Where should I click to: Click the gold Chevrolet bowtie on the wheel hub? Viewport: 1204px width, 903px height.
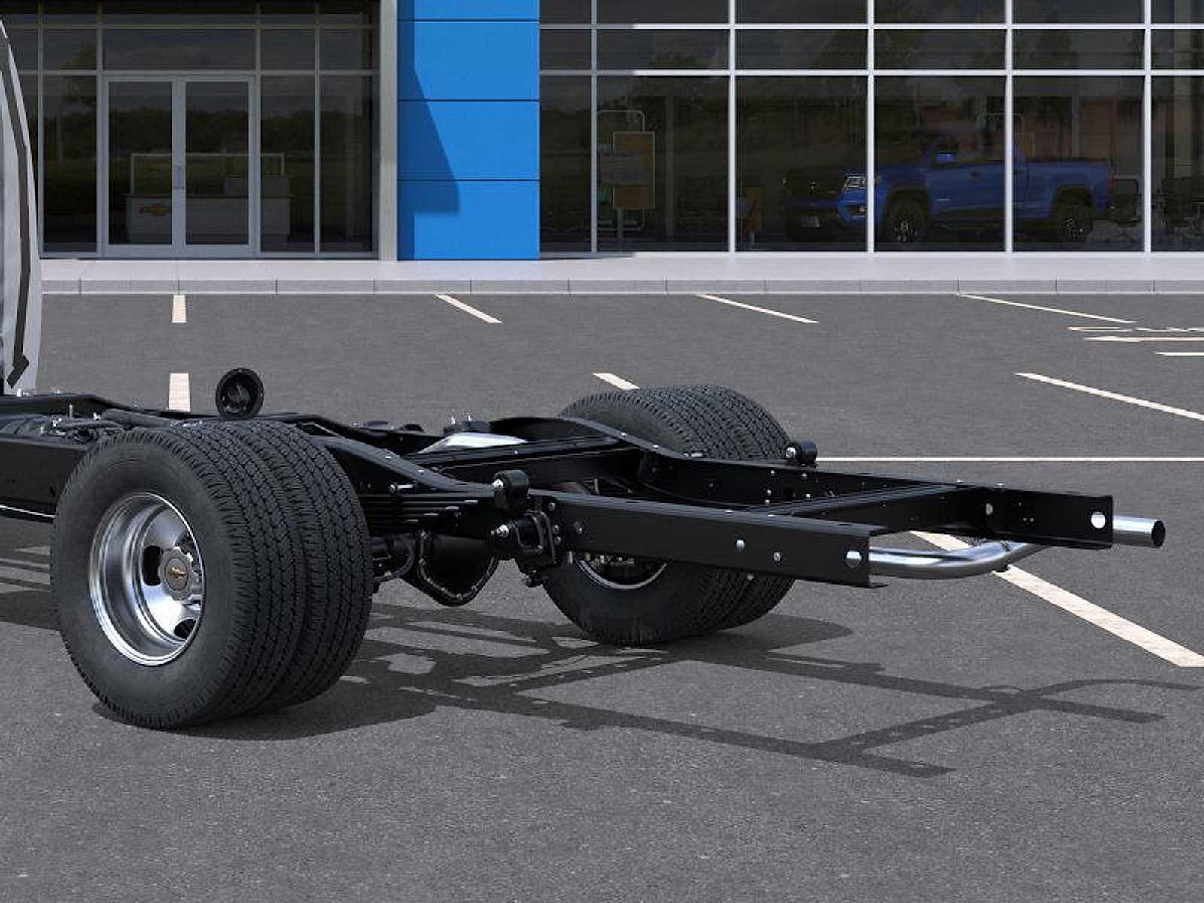coord(178,576)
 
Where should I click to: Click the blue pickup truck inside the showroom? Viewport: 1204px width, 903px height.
coord(948,184)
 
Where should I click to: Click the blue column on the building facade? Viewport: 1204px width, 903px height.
coord(468,128)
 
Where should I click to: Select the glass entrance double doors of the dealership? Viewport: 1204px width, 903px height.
coord(178,164)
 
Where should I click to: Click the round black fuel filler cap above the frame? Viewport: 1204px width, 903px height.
coord(239,394)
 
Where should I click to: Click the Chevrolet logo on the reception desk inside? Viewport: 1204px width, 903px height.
coord(154,210)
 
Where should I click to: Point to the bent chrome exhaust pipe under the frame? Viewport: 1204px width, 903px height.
coord(948,561)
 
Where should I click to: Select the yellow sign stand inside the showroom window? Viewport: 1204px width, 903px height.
coord(632,169)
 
